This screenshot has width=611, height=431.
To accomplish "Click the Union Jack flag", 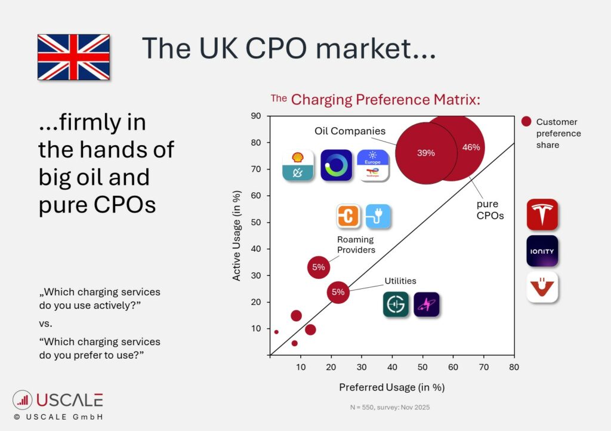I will (x=73, y=57).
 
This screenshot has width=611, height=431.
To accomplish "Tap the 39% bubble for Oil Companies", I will (x=425, y=153).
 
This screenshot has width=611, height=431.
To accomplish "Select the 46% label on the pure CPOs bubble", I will (x=471, y=147).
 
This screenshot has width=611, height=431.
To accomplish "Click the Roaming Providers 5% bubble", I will (x=319, y=267).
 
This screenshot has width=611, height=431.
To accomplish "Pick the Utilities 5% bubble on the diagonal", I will (x=338, y=293).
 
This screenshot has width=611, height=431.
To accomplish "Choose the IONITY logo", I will (x=542, y=251).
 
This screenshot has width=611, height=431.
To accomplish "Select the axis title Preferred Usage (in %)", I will (x=392, y=387).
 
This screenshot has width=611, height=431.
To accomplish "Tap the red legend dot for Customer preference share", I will (x=526, y=121).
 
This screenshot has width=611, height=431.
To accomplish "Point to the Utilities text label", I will (x=400, y=281).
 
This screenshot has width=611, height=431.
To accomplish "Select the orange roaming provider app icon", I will (x=347, y=217).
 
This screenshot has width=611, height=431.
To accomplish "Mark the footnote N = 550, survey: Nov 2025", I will (x=390, y=407).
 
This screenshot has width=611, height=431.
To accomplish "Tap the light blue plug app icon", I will (x=378, y=217).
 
